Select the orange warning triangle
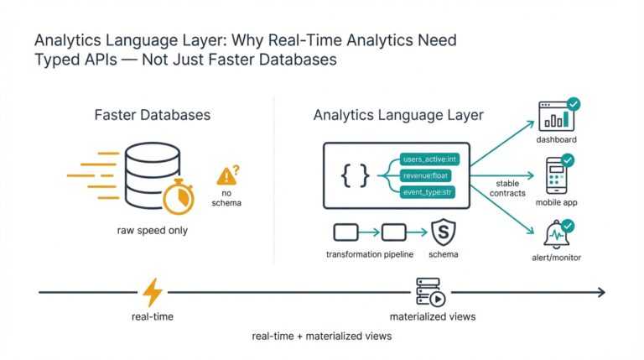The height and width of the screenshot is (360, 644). [226, 176]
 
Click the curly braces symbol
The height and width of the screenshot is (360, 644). [354, 175]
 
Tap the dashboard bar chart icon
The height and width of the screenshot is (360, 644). [554, 117]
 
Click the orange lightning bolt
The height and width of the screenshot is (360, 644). [153, 292]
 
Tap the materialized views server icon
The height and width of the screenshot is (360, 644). [431, 291]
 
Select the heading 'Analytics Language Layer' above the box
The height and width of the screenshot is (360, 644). [397, 115]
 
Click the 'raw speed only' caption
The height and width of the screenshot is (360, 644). [153, 230]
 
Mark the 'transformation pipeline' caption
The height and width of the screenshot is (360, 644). [370, 253]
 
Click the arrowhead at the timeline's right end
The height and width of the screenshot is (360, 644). [600, 292]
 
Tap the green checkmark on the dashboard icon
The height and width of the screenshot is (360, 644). [574, 105]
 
